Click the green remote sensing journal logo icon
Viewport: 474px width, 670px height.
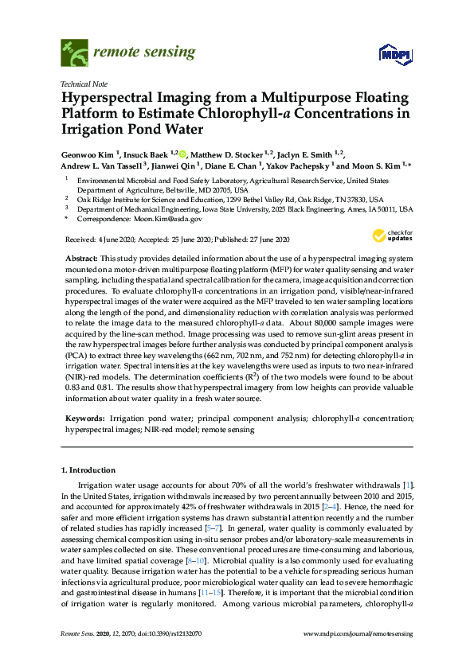click(x=74, y=53)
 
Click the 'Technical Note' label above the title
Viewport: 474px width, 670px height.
click(x=84, y=84)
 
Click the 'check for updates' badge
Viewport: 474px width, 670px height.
click(x=388, y=236)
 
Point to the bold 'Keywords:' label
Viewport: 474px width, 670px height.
click(x=84, y=418)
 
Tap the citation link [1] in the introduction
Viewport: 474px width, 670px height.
click(x=409, y=485)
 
